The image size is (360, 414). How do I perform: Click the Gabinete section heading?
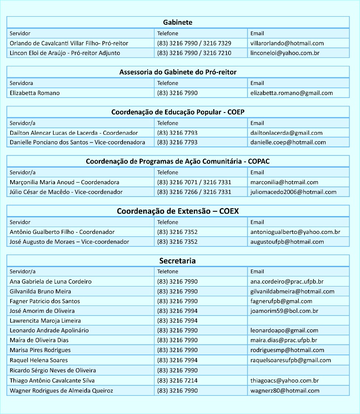pyautogui.click(x=178, y=23)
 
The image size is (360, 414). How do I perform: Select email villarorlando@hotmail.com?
pyautogui.click(x=287, y=43)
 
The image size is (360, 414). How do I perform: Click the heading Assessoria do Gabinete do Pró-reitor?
pyautogui.click(x=178, y=72)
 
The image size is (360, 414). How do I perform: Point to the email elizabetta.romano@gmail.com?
pyautogui.click(x=291, y=93)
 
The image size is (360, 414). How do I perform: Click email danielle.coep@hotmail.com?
pyautogui.click(x=288, y=142)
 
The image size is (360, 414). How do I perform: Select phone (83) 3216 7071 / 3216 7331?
pyautogui.click(x=194, y=183)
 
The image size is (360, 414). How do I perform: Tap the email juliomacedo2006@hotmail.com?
pyautogui.click(x=293, y=192)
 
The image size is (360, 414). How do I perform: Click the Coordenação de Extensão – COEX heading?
pyautogui.click(x=178, y=211)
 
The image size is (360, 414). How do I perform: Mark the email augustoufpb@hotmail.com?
pyautogui.click(x=287, y=242)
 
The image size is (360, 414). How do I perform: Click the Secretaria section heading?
pyautogui.click(x=178, y=261)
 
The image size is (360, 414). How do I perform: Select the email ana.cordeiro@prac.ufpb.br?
pyautogui.click(x=287, y=282)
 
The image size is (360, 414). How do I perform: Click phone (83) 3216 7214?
pyautogui.click(x=177, y=381)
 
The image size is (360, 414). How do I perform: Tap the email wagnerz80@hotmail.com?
pyautogui.click(x=285, y=391)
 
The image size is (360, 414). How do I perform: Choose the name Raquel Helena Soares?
pyautogui.click(x=39, y=360)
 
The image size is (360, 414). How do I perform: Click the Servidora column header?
pyautogui.click(x=21, y=83)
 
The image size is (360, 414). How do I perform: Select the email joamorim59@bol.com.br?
pyautogui.click(x=284, y=311)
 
